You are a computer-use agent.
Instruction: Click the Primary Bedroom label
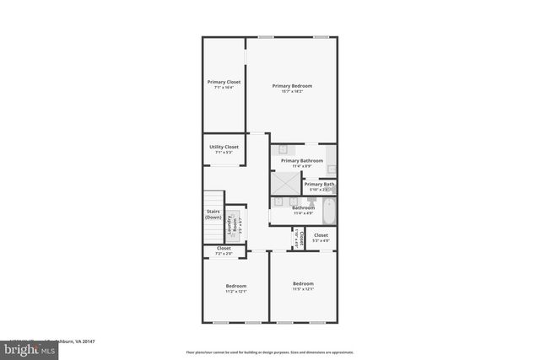[x=292, y=85]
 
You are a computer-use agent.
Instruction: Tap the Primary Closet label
[x=224, y=82]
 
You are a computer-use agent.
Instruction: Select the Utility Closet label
[x=224, y=147]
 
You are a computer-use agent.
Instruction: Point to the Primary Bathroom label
[x=302, y=160]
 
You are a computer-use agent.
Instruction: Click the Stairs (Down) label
[x=213, y=214]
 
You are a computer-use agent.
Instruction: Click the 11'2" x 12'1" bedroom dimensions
[x=235, y=292]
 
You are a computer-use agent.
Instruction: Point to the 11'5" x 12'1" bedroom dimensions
[x=303, y=288]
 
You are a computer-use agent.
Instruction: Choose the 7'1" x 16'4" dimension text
[x=224, y=87]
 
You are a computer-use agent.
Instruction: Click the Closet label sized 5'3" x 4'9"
[x=321, y=236]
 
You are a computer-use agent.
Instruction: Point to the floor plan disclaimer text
[x=270, y=352]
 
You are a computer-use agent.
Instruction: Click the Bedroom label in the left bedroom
[x=235, y=287]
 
